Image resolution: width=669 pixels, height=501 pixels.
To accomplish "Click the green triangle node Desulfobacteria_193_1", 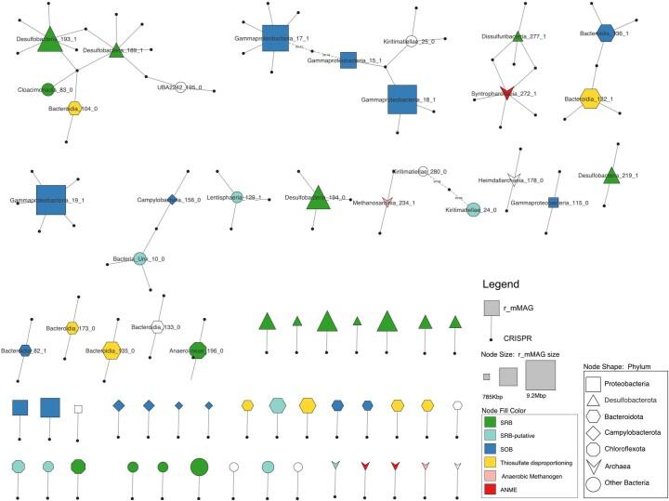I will coord(49,38).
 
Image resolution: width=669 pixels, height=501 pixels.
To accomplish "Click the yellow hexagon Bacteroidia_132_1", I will coord(588,99).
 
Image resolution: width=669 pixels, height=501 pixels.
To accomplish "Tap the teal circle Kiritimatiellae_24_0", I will coord(473,211).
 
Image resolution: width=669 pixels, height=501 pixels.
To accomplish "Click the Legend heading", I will coord(502,284).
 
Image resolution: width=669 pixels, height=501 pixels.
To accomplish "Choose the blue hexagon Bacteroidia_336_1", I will coord(607,33).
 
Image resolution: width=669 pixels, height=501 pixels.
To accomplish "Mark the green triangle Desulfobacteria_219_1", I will coord(610,174).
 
